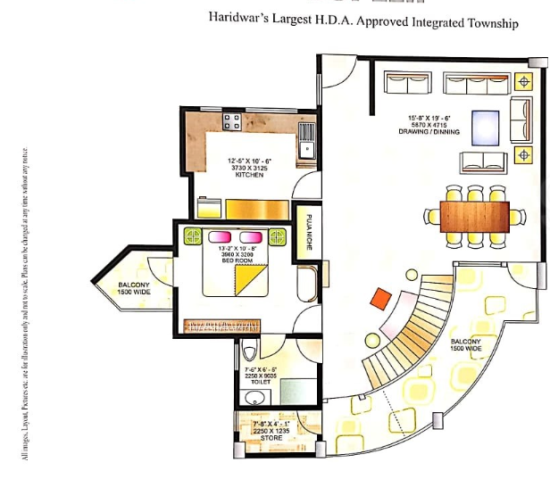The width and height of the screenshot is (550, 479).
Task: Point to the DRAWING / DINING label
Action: [x=429, y=132]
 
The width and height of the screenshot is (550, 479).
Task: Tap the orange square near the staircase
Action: [x=380, y=298]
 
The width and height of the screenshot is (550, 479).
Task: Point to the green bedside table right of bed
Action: [x=278, y=236]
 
